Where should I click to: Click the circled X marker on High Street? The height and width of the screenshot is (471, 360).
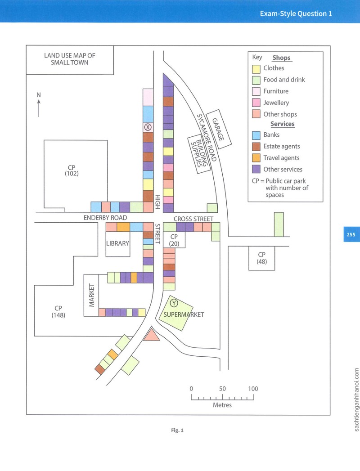(x=148, y=127)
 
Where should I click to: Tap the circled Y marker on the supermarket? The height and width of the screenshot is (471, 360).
(x=174, y=303)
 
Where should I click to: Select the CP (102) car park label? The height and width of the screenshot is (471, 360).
(x=72, y=170)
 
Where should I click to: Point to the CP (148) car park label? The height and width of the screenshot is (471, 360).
(x=58, y=311)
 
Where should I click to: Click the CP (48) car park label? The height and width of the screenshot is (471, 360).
(x=262, y=258)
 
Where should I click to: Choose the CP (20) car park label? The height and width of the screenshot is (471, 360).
(x=174, y=240)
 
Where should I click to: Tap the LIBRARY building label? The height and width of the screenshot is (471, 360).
(x=117, y=243)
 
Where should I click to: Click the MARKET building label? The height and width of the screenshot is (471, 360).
(x=92, y=295)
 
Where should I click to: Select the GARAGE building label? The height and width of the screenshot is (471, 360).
(x=218, y=130)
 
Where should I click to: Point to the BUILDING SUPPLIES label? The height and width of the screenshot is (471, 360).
(x=199, y=153)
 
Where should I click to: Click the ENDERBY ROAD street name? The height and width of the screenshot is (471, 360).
(x=105, y=217)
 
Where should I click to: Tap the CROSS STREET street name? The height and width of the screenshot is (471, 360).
(x=193, y=219)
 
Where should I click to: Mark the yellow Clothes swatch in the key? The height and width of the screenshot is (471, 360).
(x=256, y=69)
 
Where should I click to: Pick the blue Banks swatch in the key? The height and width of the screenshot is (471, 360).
(x=256, y=135)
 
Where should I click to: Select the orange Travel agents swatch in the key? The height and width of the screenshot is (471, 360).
(x=256, y=158)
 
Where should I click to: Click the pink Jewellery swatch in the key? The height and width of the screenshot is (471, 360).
(x=256, y=103)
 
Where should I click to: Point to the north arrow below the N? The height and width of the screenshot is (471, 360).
(x=39, y=108)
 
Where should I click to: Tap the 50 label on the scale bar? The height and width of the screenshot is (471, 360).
(x=222, y=389)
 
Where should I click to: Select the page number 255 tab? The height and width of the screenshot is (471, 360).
(x=351, y=234)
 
